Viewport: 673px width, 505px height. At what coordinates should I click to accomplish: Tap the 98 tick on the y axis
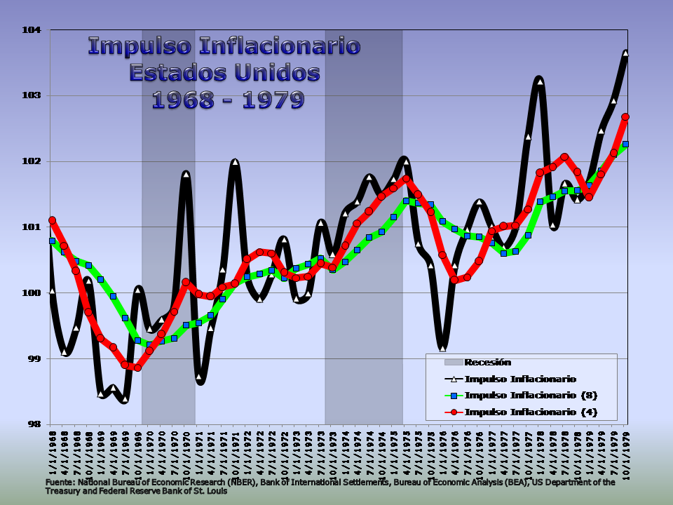[35, 424]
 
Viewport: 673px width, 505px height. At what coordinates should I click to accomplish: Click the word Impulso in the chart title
[140, 47]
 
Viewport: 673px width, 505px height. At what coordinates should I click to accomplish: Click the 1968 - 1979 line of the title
[228, 100]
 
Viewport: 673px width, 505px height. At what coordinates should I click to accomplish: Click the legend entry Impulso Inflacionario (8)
[531, 395]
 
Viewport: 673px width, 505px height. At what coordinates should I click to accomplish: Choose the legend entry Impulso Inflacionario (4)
[531, 412]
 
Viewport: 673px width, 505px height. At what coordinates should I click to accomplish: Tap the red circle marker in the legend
[454, 412]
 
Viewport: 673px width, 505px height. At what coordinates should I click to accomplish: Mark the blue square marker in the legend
[454, 395]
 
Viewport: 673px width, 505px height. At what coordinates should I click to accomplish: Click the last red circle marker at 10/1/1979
[625, 117]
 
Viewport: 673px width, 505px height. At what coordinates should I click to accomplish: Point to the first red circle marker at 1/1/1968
[52, 220]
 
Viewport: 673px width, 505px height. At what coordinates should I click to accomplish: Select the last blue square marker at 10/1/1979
[625, 144]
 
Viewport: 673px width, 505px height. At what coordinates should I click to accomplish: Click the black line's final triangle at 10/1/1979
[625, 53]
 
